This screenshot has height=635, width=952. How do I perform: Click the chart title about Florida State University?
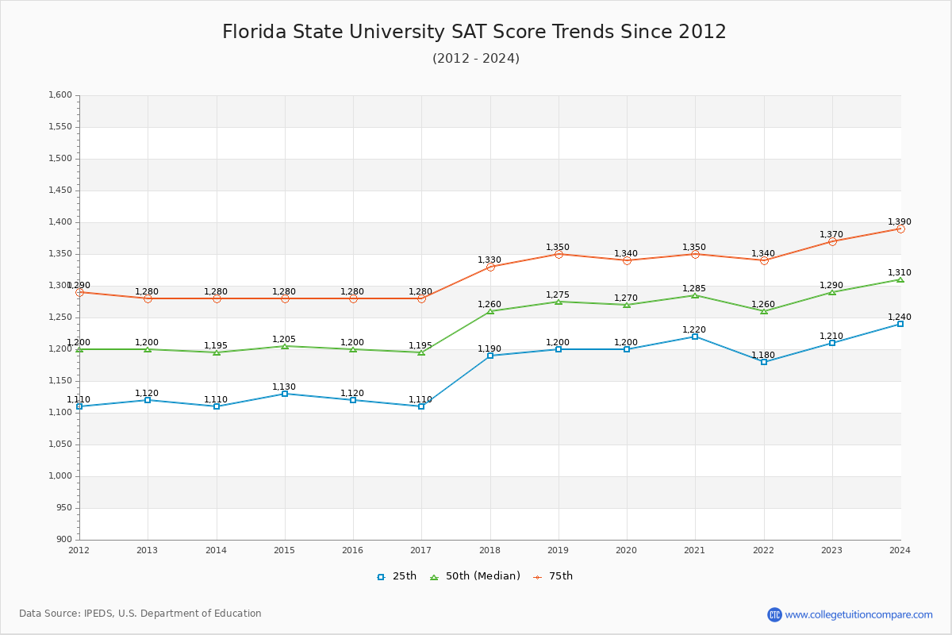coord(474,32)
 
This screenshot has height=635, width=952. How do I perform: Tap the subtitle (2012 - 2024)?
coord(476,59)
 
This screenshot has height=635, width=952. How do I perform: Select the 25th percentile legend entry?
coord(397,576)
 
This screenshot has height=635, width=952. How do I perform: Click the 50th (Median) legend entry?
coord(474,576)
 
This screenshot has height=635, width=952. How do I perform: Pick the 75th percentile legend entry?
coord(553,576)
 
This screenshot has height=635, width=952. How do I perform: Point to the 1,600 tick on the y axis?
coord(60,95)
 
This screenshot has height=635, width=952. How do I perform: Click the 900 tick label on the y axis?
coord(64,540)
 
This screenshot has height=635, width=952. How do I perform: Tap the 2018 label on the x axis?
coord(489,550)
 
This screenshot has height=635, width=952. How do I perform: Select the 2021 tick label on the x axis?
coord(695,550)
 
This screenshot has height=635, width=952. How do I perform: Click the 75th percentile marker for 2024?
coord(900,229)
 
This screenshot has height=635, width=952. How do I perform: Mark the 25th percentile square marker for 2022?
coord(764,362)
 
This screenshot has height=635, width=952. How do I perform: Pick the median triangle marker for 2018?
coord(490,310)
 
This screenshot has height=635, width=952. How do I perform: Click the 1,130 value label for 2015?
coord(284,387)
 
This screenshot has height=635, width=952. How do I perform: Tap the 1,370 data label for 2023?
coord(831,235)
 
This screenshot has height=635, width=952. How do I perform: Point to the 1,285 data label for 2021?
coord(694,289)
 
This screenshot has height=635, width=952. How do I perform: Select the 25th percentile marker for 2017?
coord(421,406)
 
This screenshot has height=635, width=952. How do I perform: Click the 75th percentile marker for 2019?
coord(559,254)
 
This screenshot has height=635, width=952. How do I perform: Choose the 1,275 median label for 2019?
coord(558,295)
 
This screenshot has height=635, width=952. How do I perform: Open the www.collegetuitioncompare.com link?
coord(858,614)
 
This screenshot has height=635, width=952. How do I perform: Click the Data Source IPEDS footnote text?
coord(140,614)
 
